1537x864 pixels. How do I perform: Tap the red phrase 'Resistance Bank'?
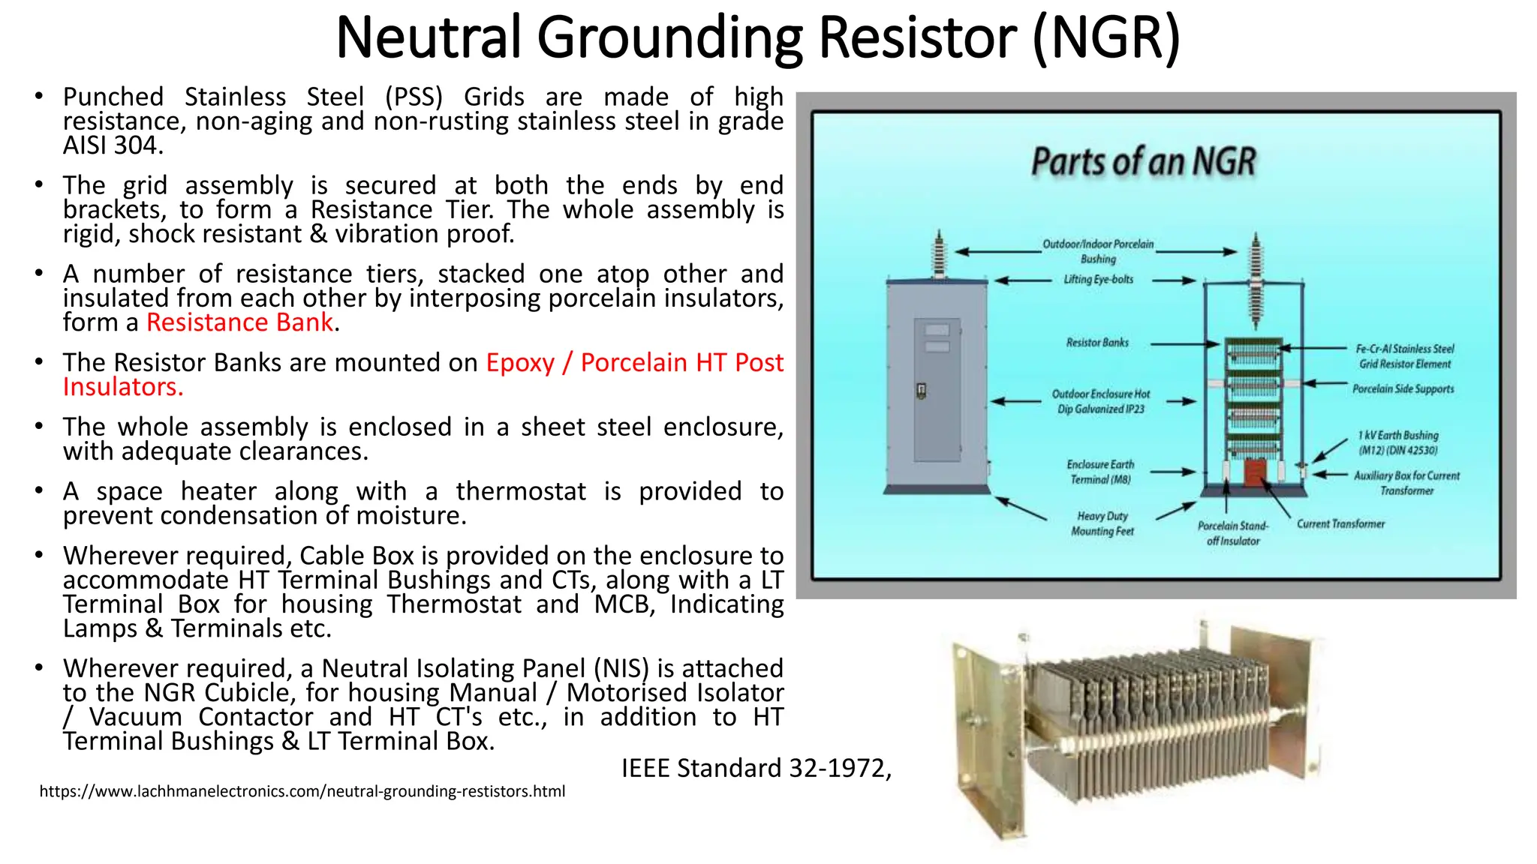239,322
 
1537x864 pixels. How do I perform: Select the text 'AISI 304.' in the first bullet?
113,145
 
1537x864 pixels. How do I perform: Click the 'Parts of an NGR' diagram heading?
1143,162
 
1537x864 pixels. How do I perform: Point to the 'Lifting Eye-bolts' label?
1098,280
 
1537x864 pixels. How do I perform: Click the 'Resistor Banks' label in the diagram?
1097,343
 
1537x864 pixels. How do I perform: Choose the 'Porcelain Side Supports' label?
1403,389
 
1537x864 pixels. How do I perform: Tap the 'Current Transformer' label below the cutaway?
1340,524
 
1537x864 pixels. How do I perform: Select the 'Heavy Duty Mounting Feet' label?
1102,523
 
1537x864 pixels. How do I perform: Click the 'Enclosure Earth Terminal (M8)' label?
1100,472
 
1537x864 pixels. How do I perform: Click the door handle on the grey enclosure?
922,391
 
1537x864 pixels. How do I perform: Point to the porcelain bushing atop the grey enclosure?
937,255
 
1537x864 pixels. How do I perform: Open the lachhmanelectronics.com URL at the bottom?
302,791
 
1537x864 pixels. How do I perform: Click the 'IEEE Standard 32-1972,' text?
756,768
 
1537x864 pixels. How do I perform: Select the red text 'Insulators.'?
123,387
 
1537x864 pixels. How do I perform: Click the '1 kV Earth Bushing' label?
1398,442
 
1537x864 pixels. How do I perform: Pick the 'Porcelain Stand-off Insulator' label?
1233,533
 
